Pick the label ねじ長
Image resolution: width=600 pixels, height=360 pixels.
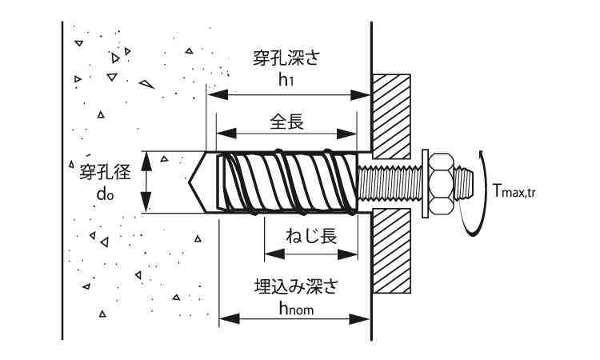(x=310, y=236)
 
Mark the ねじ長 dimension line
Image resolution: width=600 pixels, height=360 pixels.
(x=310, y=254)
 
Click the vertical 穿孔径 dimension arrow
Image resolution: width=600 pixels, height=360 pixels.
(x=146, y=182)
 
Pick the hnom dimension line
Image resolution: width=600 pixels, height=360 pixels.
(x=294, y=319)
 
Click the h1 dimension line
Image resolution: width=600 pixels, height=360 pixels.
(x=287, y=94)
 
